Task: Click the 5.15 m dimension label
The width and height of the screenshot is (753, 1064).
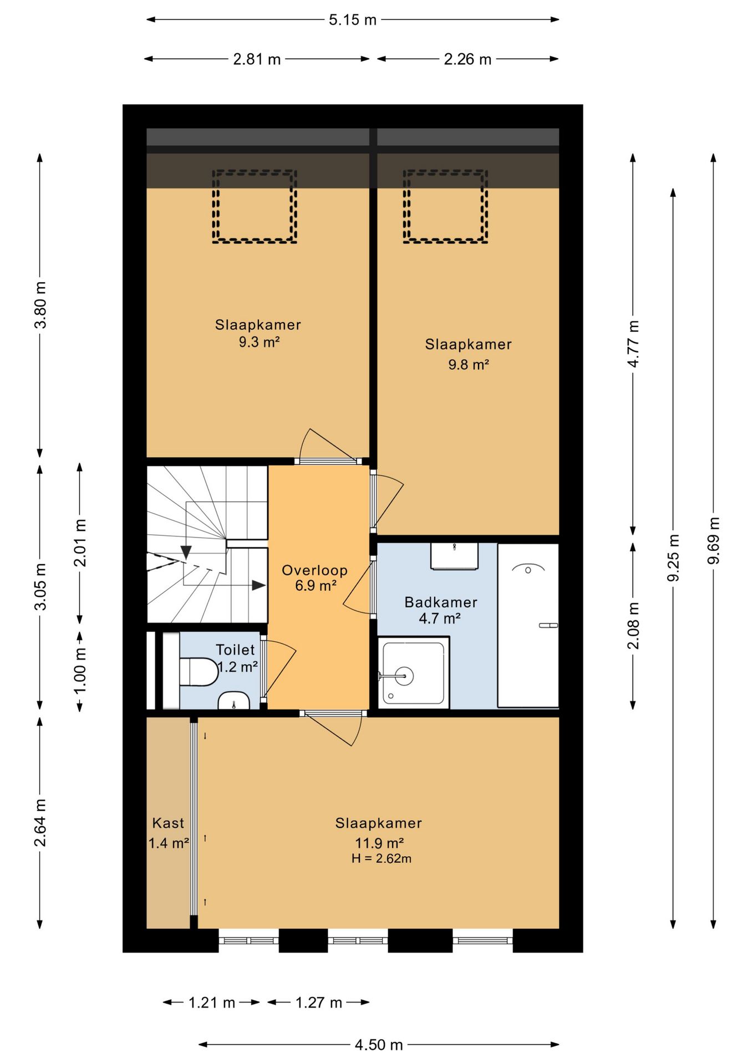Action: (x=353, y=20)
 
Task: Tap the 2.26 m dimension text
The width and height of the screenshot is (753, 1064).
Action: (x=467, y=59)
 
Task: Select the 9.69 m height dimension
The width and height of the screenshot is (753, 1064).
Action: (x=714, y=541)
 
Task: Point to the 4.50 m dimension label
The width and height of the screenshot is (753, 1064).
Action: (x=379, y=1045)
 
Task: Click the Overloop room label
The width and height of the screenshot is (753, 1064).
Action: (x=315, y=570)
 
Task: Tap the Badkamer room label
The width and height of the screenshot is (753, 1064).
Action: (x=441, y=602)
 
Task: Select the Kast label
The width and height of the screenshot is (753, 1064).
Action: (x=168, y=823)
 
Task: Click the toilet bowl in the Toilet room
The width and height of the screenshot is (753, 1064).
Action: (x=199, y=672)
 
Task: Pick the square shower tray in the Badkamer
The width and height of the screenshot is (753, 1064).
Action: (x=414, y=672)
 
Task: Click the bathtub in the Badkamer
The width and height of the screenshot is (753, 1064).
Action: (x=528, y=626)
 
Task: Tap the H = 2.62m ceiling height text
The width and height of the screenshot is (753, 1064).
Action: (x=381, y=859)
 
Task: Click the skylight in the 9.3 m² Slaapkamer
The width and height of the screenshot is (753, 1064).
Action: (x=255, y=206)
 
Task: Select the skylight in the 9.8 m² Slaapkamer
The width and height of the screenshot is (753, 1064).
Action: (x=445, y=206)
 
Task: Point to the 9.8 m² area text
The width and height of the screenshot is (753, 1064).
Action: (x=469, y=365)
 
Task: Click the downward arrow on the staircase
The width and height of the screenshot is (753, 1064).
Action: (x=186, y=553)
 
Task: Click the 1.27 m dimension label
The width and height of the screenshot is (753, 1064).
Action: (x=319, y=1002)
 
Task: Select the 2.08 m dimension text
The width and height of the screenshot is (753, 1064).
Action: (x=633, y=626)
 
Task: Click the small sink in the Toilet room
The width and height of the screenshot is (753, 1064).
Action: (x=234, y=700)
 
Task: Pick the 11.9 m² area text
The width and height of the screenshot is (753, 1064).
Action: (x=379, y=843)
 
